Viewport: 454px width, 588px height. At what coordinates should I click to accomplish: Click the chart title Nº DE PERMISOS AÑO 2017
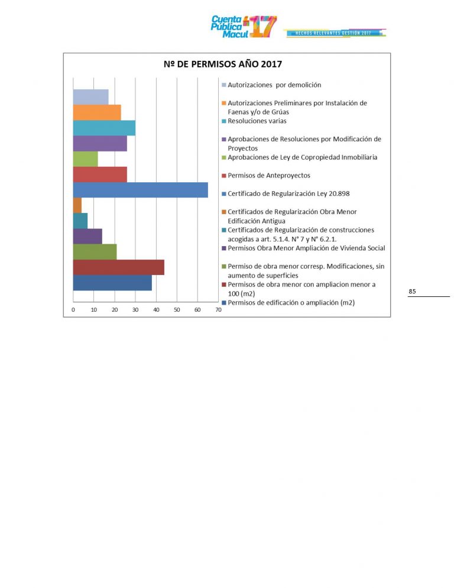(x=226, y=64)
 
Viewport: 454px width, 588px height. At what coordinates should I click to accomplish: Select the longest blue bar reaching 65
(x=140, y=190)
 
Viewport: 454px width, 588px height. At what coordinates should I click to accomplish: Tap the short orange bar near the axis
(x=77, y=205)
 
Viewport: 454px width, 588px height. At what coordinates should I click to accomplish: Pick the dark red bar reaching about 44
(x=118, y=267)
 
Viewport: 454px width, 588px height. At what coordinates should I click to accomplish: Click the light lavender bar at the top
(x=90, y=97)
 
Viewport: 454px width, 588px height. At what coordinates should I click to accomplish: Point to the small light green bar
(x=85, y=159)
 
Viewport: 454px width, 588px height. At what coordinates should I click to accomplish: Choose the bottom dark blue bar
(x=112, y=283)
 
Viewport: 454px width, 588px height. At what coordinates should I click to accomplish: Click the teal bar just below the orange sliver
(x=80, y=221)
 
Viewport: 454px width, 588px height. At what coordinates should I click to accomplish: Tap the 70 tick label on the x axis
(x=218, y=310)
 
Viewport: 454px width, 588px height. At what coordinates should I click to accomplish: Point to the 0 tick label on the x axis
(x=73, y=310)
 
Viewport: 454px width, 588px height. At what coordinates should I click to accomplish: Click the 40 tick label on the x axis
(x=156, y=310)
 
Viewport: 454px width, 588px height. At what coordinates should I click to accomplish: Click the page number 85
(x=412, y=291)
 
